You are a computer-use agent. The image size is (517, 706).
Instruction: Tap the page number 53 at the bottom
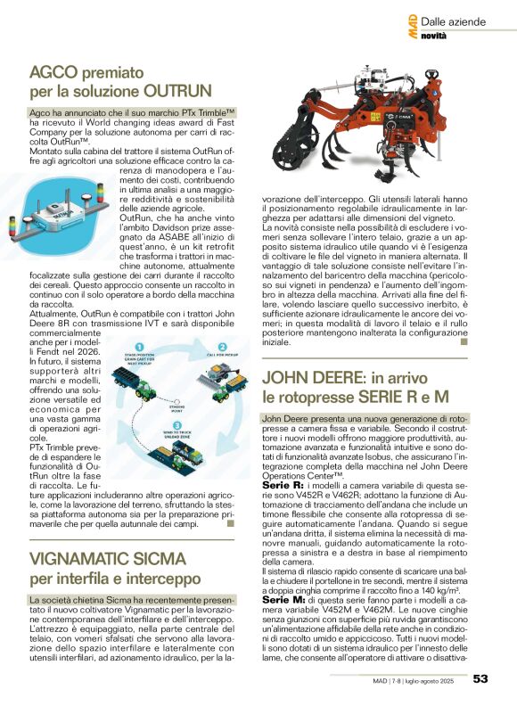pyautogui.click(x=480, y=680)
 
